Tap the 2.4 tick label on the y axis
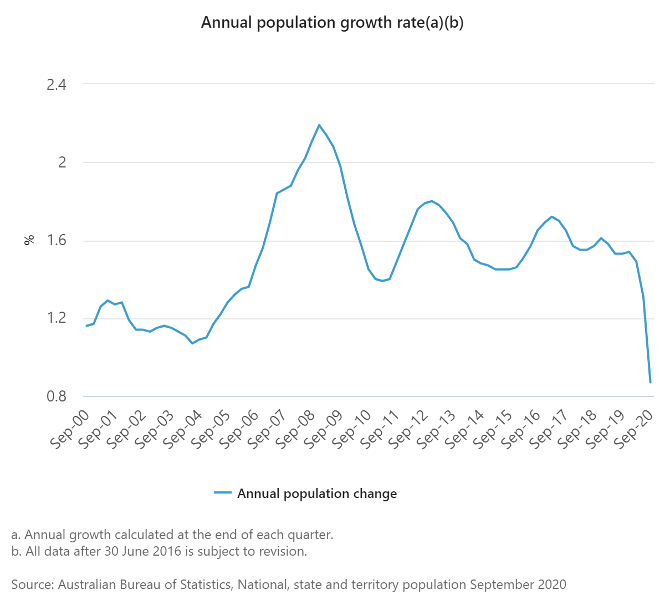(x=56, y=85)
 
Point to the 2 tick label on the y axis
(x=62, y=162)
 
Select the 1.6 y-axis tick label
(x=56, y=241)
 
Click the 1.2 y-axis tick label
(x=56, y=318)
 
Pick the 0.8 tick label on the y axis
(x=56, y=396)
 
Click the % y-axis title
(x=29, y=240)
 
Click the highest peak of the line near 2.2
(x=319, y=125)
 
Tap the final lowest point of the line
(x=650, y=382)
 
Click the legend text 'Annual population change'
(x=317, y=494)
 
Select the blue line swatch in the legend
(x=222, y=493)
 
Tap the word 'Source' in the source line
(x=31, y=584)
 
